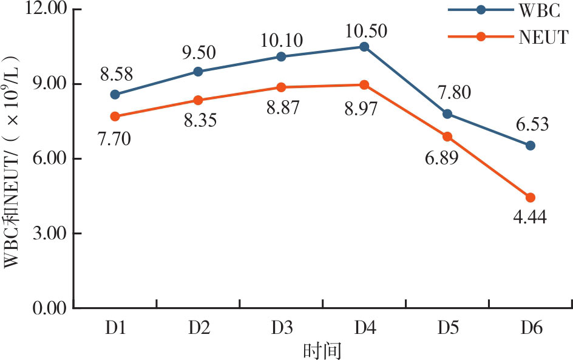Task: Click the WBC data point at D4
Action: click(364, 47)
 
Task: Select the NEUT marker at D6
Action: click(530, 197)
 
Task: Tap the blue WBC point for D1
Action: click(115, 94)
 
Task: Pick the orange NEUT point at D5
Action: click(447, 137)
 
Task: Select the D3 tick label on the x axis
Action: click(281, 328)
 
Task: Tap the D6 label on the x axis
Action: click(530, 328)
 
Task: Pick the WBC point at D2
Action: click(198, 71)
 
